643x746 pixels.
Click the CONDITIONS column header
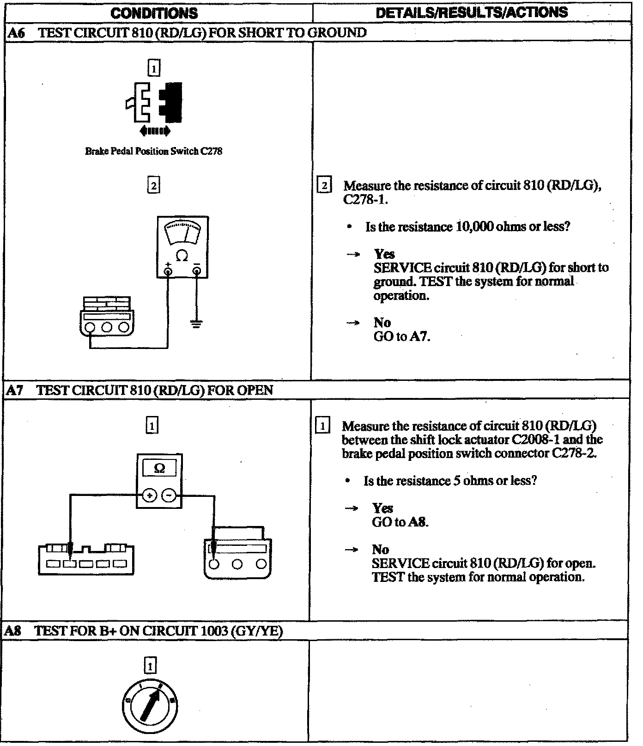pos(154,13)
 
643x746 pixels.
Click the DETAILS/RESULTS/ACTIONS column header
pos(472,12)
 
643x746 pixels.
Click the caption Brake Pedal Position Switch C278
pos(153,151)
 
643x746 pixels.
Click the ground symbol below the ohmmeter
pos(196,324)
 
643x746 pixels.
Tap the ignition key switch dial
pos(151,706)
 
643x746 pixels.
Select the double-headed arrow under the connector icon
pos(154,131)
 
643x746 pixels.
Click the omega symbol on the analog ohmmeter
pos(182,256)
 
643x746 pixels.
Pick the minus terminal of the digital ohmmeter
pos(170,496)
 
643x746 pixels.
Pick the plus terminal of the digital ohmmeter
pos(149,496)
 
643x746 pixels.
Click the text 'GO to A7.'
pos(401,336)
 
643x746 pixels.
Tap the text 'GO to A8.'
pos(400,522)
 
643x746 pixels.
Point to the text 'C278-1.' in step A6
pos(365,199)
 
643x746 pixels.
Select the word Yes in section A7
pos(382,508)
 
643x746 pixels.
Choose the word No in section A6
pos(382,323)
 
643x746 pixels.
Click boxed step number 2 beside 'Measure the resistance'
pos(324,186)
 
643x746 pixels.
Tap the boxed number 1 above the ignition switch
pos(151,666)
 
